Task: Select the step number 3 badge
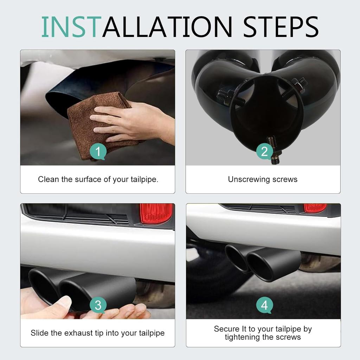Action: click(x=98, y=306)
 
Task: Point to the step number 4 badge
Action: click(x=264, y=306)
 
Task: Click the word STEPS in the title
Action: click(x=281, y=27)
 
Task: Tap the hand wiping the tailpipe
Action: click(x=133, y=123)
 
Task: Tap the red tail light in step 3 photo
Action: click(x=156, y=213)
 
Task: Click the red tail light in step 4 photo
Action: click(x=315, y=208)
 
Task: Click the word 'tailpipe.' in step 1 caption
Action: click(x=144, y=179)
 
